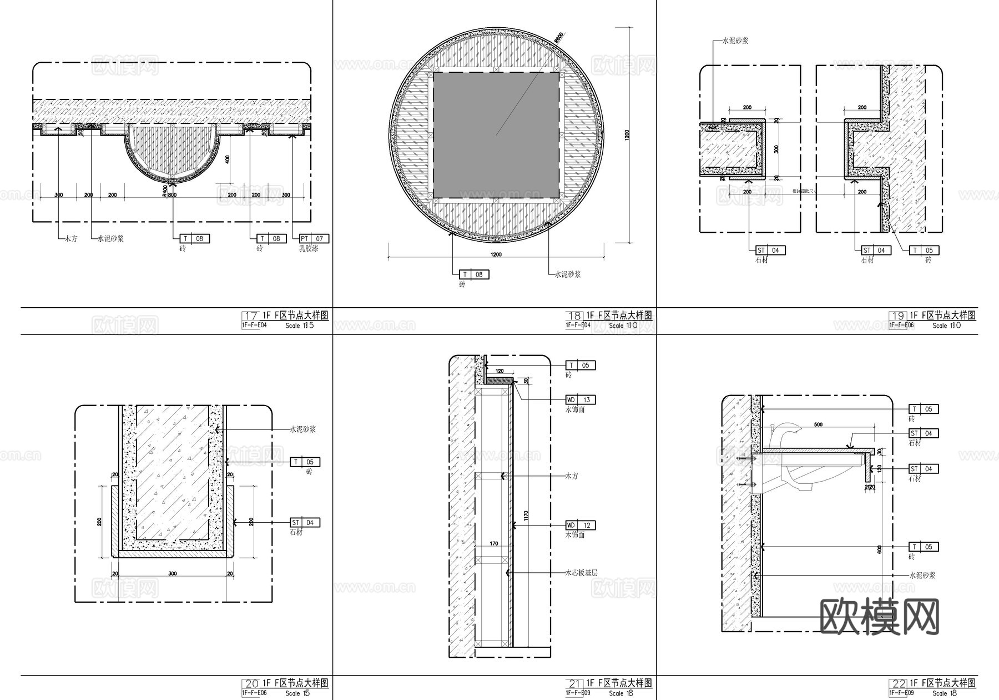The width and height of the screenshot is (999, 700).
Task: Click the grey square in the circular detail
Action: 496,135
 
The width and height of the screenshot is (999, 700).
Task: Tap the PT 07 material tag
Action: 314,239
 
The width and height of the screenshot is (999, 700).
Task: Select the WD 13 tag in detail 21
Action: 581,400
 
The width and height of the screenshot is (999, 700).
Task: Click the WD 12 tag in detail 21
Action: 581,526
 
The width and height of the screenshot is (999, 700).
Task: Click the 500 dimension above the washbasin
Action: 818,424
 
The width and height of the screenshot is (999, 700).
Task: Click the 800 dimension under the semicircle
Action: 172,195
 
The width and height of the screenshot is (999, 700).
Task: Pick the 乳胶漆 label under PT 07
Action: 309,249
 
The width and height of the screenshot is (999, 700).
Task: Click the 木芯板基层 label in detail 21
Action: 581,573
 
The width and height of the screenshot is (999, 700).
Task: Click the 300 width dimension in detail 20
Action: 173,573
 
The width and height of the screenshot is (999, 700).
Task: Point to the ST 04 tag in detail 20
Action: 305,523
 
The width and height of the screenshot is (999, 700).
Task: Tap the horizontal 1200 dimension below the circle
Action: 496,254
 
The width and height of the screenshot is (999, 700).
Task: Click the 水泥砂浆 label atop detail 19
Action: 735,41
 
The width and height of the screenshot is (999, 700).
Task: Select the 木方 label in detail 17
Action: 70,239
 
